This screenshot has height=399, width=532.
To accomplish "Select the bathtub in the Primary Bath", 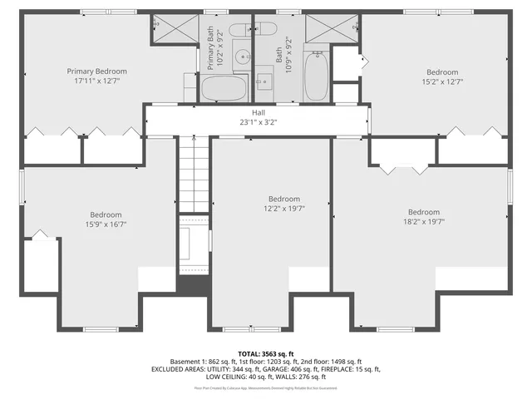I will pyautogui.click(x=224, y=88).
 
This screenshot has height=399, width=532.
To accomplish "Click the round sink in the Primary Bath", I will pyautogui.click(x=242, y=57).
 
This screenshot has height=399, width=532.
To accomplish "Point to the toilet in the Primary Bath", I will pyautogui.click(x=240, y=30).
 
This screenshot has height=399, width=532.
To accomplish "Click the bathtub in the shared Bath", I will pyautogui.click(x=317, y=76).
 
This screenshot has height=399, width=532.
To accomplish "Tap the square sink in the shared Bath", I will pyautogui.click(x=264, y=81).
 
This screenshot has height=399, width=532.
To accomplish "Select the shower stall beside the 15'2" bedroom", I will pyautogui.click(x=330, y=30).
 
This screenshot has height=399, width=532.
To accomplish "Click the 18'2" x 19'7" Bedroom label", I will pyautogui.click(x=423, y=211).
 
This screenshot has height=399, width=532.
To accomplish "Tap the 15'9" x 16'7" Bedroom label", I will pyautogui.click(x=106, y=214).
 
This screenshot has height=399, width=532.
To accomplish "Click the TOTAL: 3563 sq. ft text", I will pyautogui.click(x=266, y=353).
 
